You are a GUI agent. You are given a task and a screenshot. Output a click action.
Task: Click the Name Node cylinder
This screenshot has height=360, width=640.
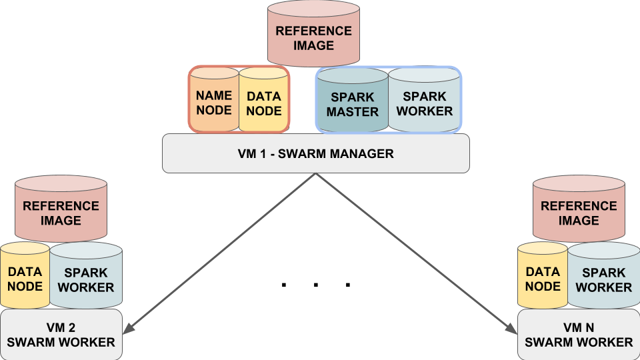pos(214,99)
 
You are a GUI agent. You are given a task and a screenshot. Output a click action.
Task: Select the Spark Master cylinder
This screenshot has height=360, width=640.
pos(353,100)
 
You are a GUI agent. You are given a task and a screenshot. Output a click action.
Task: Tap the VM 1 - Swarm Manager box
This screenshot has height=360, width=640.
pos(316,153)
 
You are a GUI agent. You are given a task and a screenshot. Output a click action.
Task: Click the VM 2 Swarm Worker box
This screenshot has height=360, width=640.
pos(61,335)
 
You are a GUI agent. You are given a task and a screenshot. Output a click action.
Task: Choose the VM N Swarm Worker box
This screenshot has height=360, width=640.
pos(579,335)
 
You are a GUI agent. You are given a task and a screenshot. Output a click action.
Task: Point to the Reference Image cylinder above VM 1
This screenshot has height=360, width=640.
pos(313,33)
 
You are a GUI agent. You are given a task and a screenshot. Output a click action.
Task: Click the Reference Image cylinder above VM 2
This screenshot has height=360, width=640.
pos(61,209)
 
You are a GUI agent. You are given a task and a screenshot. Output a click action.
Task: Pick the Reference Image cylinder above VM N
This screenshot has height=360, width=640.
pos(579,209)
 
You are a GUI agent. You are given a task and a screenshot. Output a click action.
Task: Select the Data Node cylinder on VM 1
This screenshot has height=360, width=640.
pos(264,99)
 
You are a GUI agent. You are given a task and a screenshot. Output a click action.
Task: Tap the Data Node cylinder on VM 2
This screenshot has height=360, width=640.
pos(25,275)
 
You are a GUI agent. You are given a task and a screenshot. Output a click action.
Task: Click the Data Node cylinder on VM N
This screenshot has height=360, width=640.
pos(543,275)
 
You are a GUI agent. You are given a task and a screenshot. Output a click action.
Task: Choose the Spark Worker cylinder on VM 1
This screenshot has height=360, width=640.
pos(425,100)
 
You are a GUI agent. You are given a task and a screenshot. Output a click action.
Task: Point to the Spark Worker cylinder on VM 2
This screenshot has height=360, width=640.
pos(86,275)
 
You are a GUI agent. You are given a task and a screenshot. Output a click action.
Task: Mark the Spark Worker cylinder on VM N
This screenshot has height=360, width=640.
pos(604,275)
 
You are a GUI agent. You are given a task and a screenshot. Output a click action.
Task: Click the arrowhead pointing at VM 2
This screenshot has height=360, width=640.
pos(129,328)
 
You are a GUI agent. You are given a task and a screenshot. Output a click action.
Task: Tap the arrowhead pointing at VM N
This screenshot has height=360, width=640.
pos(511,328)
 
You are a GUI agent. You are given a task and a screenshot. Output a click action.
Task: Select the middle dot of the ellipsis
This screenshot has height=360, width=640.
pos(316,285)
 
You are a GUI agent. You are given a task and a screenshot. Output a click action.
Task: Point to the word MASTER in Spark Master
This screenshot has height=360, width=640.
pos(353,111)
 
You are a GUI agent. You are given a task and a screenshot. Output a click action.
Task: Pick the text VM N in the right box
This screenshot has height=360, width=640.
pos(579,327)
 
